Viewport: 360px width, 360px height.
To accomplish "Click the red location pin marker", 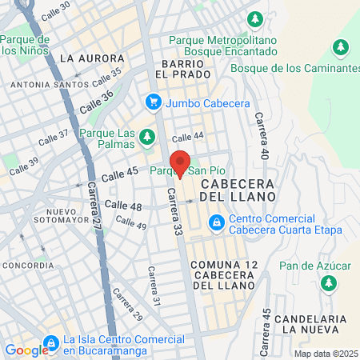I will tap(180, 163).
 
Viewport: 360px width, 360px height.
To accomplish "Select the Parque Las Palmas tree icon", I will tap(146, 138).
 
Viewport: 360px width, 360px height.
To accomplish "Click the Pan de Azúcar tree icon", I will tap(328, 282).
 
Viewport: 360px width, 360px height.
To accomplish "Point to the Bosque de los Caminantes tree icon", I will tap(342, 48).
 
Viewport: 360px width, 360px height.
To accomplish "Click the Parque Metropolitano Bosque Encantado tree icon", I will tap(255, 18).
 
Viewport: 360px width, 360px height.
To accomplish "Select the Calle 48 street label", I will tap(123, 207).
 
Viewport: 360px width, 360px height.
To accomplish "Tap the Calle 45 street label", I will tap(122, 172).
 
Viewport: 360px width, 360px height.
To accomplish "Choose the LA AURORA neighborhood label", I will tap(92, 58).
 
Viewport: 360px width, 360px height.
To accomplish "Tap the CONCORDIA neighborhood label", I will tap(29, 265).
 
